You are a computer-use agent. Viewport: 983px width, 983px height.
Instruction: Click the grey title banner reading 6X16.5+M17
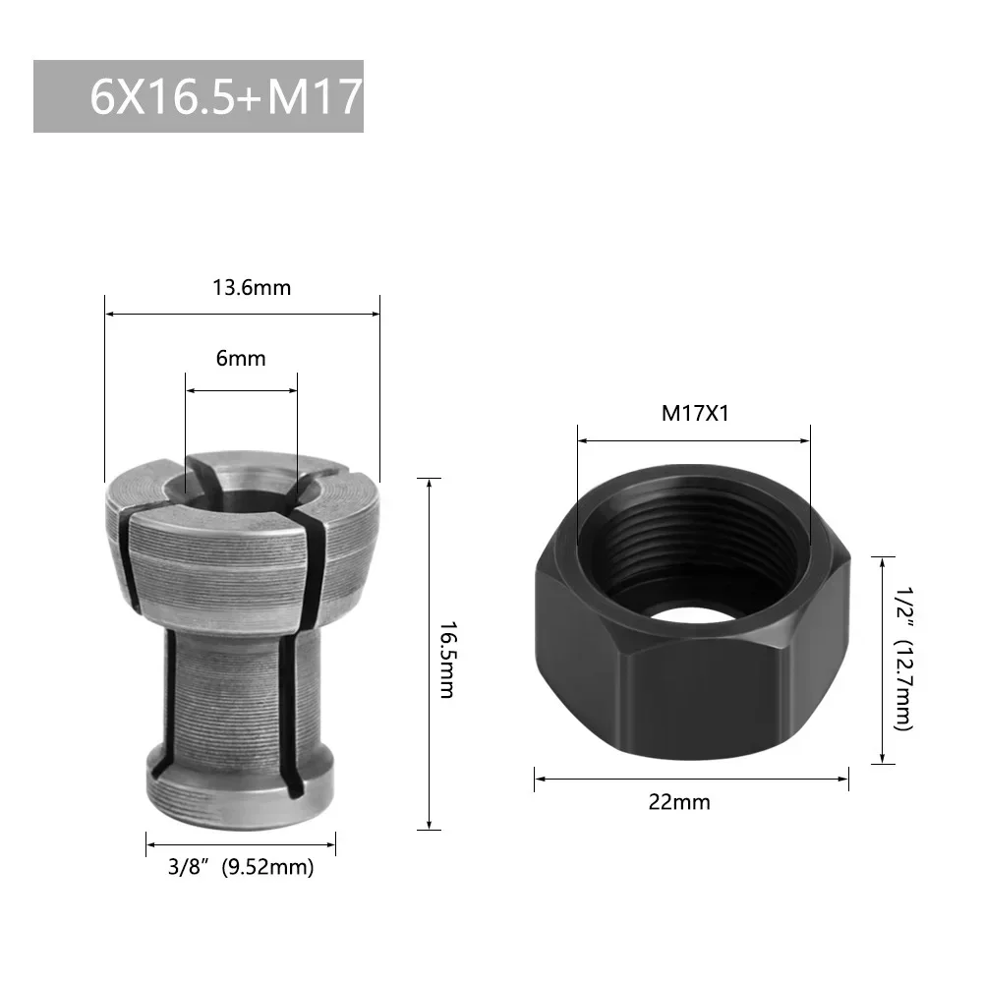[x=199, y=96]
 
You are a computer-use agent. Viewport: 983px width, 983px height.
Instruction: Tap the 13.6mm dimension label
[x=252, y=288]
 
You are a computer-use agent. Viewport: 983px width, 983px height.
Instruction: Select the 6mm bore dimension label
[x=241, y=359]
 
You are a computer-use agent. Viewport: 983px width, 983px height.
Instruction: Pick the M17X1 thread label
[x=694, y=413]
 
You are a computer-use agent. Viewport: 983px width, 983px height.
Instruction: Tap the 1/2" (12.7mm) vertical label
[x=901, y=660]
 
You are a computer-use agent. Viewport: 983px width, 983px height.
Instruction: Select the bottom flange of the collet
[x=241, y=791]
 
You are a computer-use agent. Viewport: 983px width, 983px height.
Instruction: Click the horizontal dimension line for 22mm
[x=691, y=780]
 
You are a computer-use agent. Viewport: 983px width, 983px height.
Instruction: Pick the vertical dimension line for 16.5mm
[x=429, y=654]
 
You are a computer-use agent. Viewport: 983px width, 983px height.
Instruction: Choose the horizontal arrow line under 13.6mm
[x=242, y=315]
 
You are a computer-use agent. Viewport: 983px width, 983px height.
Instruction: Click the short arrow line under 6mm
[x=241, y=390]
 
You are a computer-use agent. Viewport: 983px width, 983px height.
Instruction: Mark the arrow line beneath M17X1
[x=693, y=440]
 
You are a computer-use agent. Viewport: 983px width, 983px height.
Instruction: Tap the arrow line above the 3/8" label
[x=241, y=843]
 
